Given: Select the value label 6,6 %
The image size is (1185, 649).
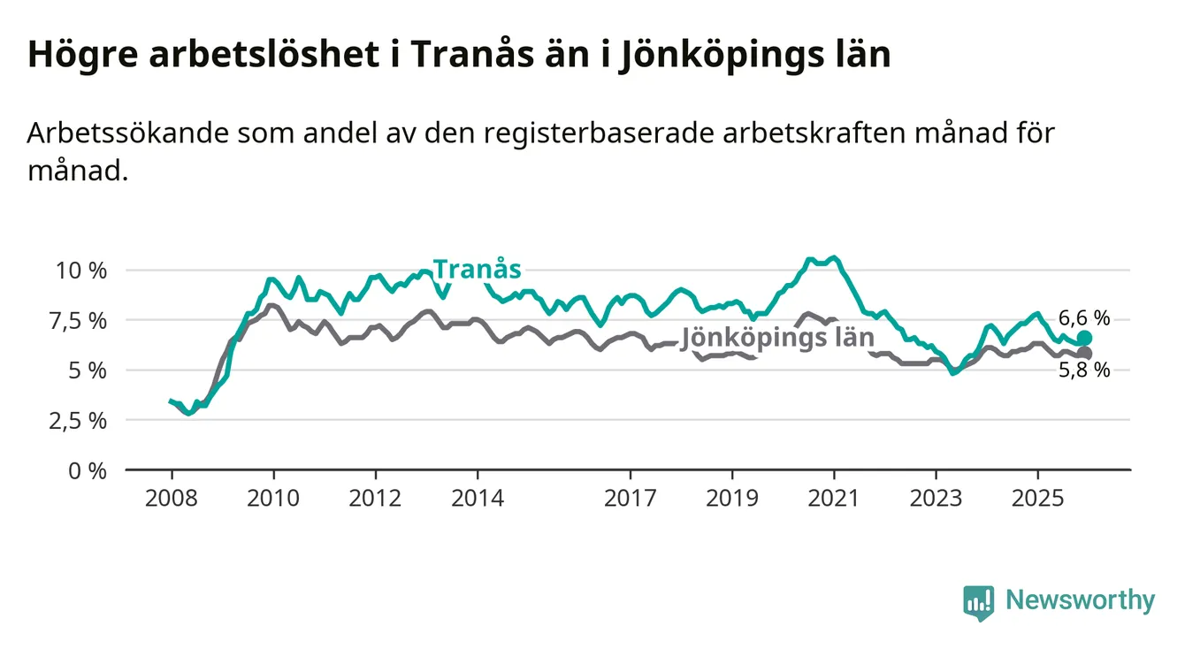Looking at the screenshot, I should (x=1083, y=318).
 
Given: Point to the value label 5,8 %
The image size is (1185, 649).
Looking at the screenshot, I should (x=1083, y=371).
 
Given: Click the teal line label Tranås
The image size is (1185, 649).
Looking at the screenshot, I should (x=477, y=269).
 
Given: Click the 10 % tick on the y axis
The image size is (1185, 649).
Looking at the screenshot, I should (x=81, y=271).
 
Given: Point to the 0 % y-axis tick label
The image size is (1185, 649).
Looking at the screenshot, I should (x=88, y=470).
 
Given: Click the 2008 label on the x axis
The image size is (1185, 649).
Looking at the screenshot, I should (x=172, y=498).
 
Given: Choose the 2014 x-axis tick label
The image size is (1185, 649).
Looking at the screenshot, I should (x=478, y=498).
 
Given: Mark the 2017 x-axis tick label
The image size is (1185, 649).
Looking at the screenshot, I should (x=631, y=498).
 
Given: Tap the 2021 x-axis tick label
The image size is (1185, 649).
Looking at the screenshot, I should (x=835, y=498).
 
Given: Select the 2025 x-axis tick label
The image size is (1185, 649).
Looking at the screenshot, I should (x=1038, y=498).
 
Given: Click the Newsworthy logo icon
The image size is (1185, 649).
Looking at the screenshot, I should (x=978, y=602).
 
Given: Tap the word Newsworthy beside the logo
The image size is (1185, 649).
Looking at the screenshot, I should (x=1080, y=601).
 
